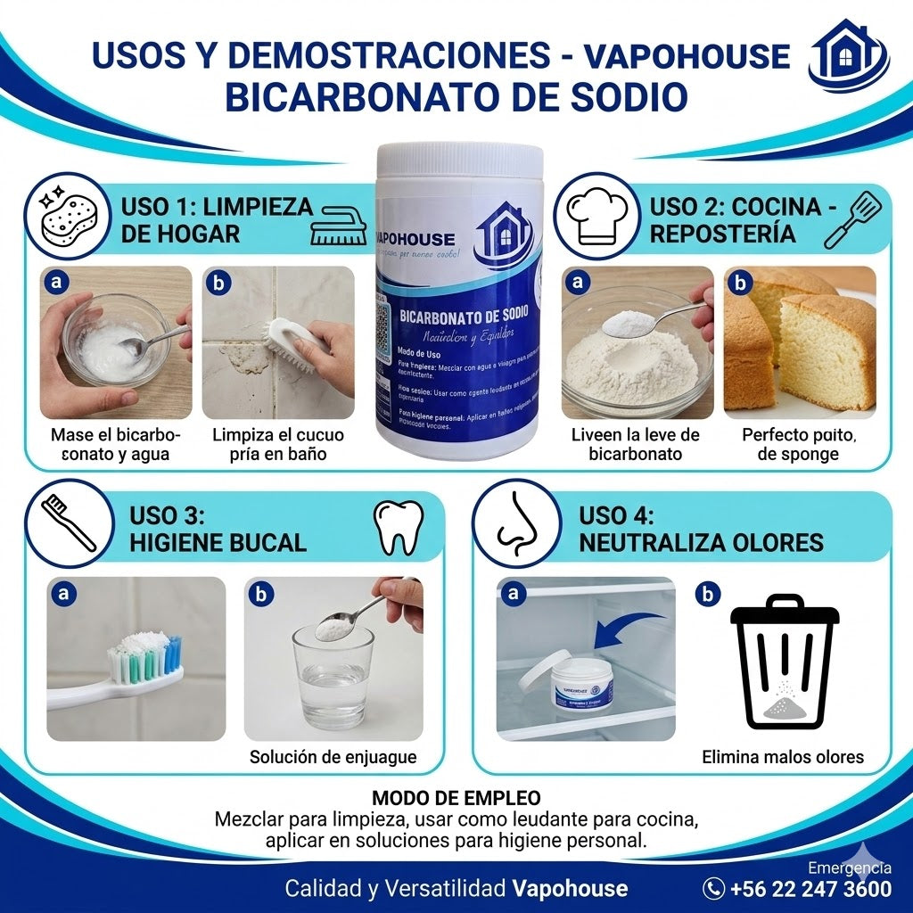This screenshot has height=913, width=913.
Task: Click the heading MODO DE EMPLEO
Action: [456, 797]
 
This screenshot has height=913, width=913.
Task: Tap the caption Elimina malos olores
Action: [783, 757]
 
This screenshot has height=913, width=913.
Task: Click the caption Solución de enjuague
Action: [333, 757]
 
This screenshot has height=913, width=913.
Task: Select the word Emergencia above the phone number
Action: [849, 868]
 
